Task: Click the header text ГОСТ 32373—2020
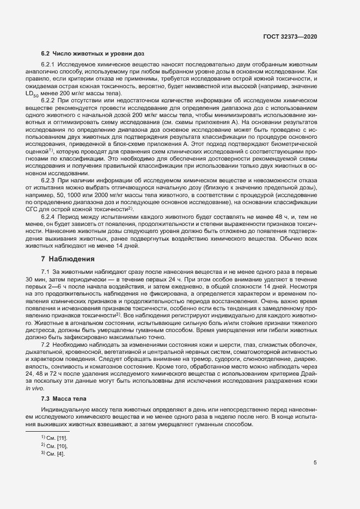pyautogui.click(x=289, y=36)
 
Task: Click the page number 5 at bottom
pyautogui.click(x=315, y=463)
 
